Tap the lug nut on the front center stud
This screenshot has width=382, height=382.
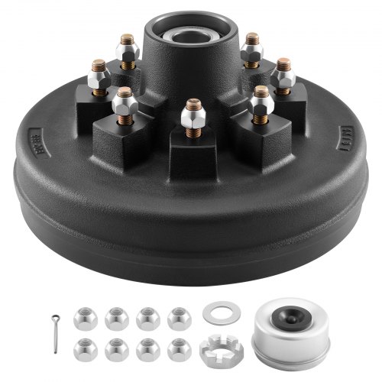click(x=190, y=119)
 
